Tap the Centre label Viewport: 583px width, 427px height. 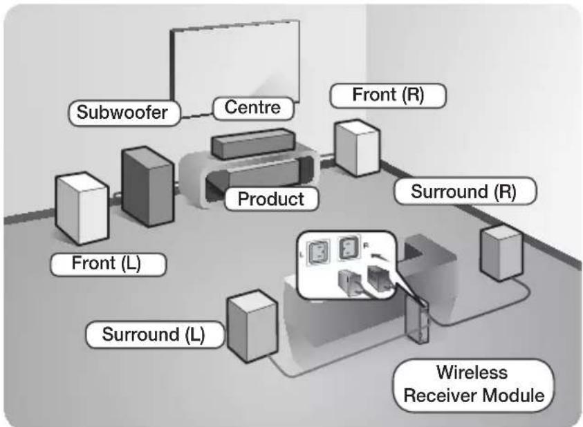253,108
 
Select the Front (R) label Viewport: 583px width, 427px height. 388,95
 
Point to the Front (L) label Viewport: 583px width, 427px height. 108,264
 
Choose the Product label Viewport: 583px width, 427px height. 271,199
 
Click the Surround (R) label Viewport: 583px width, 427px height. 465,191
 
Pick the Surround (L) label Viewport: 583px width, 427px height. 155,334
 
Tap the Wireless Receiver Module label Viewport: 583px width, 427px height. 473,385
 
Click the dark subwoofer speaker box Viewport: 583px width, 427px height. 148,186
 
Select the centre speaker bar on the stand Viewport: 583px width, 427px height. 253,143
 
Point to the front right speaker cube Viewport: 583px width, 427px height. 358,148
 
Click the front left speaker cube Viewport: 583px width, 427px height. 82,208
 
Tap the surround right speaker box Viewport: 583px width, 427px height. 501,253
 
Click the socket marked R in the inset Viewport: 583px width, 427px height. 349,247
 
